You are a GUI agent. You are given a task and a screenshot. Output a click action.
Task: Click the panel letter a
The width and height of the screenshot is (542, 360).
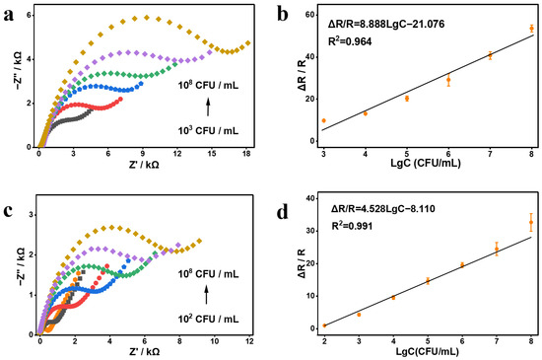(x=9, y=16)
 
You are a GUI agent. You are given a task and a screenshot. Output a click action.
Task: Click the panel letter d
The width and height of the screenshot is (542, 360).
(x=283, y=212)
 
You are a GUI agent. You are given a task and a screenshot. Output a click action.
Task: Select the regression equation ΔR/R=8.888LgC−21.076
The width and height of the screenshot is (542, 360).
(x=386, y=25)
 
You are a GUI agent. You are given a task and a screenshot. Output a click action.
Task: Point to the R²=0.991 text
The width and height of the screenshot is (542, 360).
(x=352, y=226)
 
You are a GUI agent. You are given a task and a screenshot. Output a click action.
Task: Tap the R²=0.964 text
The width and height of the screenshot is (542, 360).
(x=350, y=41)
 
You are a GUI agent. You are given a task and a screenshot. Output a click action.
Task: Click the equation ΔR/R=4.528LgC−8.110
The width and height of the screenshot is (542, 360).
(x=383, y=209)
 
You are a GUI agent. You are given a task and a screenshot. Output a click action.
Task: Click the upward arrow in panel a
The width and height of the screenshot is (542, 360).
(x=208, y=107)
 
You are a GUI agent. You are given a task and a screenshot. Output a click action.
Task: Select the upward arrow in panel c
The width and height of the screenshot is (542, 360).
(x=206, y=295)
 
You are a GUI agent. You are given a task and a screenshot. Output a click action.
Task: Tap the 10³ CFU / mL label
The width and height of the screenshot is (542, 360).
(x=208, y=131)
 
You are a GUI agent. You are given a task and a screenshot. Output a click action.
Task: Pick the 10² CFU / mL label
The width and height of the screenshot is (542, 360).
(x=208, y=319)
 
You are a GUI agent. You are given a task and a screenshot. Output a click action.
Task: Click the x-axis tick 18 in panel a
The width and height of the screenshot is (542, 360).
(x=246, y=154)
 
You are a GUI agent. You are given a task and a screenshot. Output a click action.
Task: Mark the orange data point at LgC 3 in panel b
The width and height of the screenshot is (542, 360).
(x=324, y=120)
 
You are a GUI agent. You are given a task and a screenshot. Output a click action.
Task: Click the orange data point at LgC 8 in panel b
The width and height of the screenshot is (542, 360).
(x=531, y=29)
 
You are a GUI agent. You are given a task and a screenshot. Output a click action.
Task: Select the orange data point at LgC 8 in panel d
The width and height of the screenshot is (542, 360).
(x=531, y=222)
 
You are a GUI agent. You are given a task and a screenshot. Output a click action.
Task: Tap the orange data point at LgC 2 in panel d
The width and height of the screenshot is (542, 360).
(x=324, y=325)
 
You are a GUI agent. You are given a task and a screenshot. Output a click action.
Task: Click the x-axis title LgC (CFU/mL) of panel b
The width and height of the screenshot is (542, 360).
(x=426, y=163)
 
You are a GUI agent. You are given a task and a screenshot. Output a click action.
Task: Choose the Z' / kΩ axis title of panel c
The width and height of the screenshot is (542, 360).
(x=144, y=352)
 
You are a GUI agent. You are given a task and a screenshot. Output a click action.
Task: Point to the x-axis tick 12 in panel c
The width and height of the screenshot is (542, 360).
(x=249, y=341)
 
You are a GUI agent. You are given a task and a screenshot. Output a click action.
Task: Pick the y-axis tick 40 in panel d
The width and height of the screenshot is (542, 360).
(x=310, y=198)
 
